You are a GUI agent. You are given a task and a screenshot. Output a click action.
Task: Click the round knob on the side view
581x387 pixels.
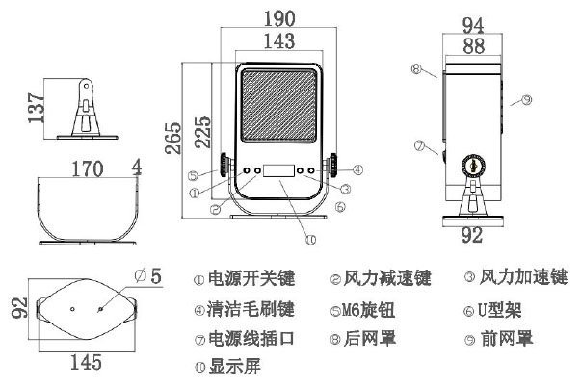[472, 165]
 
